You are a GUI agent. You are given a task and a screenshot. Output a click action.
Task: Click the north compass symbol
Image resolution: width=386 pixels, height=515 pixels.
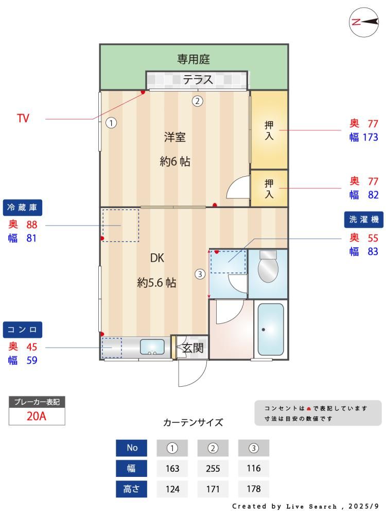click(x=364, y=22)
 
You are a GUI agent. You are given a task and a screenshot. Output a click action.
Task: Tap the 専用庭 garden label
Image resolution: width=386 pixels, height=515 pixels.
click(x=194, y=59)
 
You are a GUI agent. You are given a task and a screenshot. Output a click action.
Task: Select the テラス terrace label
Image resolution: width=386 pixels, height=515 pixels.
click(x=198, y=79)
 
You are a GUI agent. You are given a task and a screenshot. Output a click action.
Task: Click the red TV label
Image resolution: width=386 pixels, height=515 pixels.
click(x=23, y=118)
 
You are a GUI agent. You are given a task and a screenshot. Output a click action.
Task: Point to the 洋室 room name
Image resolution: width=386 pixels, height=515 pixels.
click(x=175, y=137)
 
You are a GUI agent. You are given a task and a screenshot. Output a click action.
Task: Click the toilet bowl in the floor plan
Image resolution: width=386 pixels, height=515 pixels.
click(x=268, y=266)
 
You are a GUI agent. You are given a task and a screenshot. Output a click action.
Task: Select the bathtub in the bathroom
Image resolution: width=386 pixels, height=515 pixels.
click(x=271, y=329)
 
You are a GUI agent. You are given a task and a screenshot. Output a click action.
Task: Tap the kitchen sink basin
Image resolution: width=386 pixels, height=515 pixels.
click(x=152, y=347)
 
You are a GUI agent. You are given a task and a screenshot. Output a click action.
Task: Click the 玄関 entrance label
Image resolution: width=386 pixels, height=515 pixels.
click(x=193, y=348)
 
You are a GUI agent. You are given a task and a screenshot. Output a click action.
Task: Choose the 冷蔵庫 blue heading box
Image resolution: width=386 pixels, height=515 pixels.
click(x=22, y=208)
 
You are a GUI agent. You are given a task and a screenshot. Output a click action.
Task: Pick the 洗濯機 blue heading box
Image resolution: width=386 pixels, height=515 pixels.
click(x=364, y=219)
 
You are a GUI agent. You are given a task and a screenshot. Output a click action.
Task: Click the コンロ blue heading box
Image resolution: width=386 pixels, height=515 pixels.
click(x=22, y=330)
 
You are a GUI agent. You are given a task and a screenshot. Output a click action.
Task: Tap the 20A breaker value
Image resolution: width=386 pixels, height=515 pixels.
click(x=37, y=416)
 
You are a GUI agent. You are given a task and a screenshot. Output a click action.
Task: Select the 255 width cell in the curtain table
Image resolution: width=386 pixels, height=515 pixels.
click(x=213, y=468)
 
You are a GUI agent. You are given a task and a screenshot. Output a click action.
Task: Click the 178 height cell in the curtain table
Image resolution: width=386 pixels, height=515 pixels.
click(x=253, y=489)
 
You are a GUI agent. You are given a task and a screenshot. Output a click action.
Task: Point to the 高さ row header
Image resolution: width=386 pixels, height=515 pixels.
click(x=131, y=489)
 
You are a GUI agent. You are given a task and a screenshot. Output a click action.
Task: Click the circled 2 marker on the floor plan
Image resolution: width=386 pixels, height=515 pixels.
click(x=197, y=101)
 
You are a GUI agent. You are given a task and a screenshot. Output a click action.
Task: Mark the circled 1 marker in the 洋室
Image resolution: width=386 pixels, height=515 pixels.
click(x=111, y=123)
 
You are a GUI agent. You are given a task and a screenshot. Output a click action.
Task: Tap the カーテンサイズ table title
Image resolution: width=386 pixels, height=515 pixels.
click(x=193, y=422)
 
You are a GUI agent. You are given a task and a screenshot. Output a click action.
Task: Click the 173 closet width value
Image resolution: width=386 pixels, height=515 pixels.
click(x=370, y=137)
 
